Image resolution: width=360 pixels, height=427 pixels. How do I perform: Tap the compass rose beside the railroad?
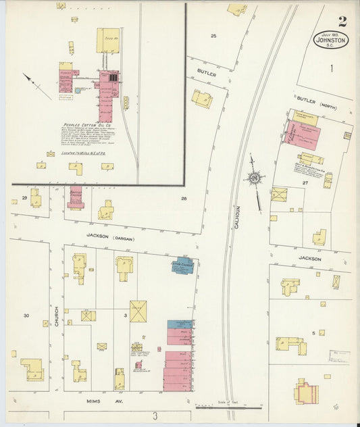(x=255, y=178)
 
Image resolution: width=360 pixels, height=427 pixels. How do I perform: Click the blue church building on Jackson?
(x=182, y=266)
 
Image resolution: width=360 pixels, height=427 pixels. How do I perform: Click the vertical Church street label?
(x=57, y=316)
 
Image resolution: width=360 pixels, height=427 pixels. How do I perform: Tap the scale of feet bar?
(x=228, y=407)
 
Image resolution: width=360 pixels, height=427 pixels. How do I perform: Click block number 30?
(x=26, y=316)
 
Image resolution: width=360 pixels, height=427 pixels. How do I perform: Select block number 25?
(x=213, y=35)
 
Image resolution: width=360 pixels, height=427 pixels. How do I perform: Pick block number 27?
(x=305, y=182)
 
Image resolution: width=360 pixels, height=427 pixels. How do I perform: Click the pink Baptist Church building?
(x=75, y=197)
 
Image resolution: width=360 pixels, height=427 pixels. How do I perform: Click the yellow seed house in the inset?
(x=107, y=41)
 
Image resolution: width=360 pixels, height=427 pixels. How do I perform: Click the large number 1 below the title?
(x=332, y=68)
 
